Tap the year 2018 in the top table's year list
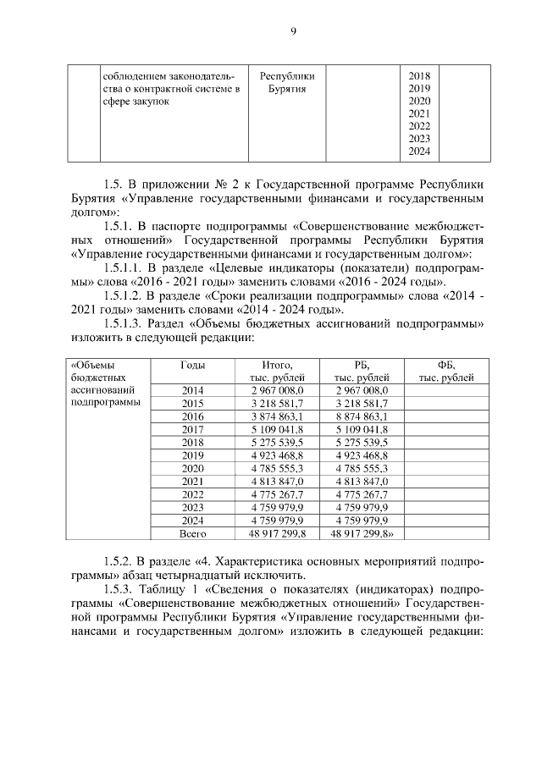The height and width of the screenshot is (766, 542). click(419, 74)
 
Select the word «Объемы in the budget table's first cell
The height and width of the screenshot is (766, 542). click(90, 365)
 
